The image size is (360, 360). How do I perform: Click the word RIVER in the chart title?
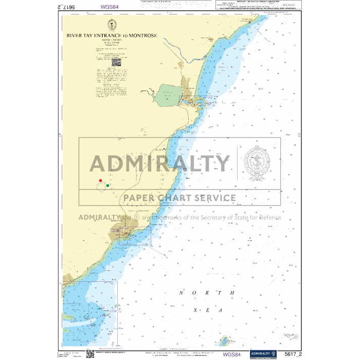[75, 36]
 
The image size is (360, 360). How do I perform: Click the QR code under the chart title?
[116, 62]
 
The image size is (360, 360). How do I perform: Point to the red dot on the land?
[101, 181]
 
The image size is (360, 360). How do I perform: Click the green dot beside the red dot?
[107, 185]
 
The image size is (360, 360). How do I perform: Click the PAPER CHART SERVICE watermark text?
[178, 198]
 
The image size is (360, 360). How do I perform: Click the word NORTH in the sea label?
[207, 293]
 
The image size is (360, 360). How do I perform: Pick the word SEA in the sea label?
[207, 310]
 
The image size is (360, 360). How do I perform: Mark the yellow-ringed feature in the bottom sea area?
[225, 341]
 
